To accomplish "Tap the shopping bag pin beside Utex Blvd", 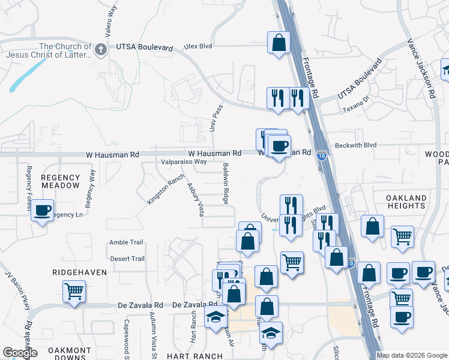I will point(279,43).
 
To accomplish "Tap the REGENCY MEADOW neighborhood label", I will point(61,181).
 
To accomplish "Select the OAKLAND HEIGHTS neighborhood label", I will point(406,202).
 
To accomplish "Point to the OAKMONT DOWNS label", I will point(71,354).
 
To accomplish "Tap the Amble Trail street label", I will point(126,242).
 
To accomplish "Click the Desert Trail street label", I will point(127,259).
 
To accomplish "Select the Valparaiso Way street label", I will point(184,161).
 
